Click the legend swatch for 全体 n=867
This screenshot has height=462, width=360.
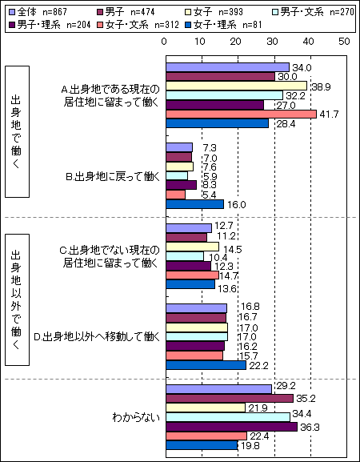(x=12, y=12)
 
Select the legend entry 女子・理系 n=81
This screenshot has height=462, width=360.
(x=223, y=25)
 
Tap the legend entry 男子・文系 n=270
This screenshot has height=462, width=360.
(x=313, y=12)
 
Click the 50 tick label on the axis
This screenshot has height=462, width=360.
(x=344, y=42)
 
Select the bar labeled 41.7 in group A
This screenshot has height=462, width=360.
(x=241, y=114)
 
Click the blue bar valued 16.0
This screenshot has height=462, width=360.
(x=195, y=204)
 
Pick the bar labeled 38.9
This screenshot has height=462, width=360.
(x=236, y=86)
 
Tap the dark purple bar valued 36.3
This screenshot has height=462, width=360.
(x=232, y=427)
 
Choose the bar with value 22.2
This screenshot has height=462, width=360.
(x=206, y=365)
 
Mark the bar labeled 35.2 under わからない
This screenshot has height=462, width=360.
(x=230, y=399)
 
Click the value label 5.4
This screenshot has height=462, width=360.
(x=210, y=195)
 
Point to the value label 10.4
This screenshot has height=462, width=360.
(x=218, y=258)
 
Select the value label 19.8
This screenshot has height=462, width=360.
(x=250, y=446)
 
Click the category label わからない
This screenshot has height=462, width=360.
(x=136, y=417)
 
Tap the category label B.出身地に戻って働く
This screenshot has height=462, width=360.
(x=113, y=177)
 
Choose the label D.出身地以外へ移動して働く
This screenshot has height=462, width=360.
(x=97, y=336)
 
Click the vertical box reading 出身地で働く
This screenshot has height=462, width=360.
(x=17, y=131)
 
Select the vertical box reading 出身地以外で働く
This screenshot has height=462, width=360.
(x=17, y=300)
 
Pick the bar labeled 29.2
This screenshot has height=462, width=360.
(x=218, y=389)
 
